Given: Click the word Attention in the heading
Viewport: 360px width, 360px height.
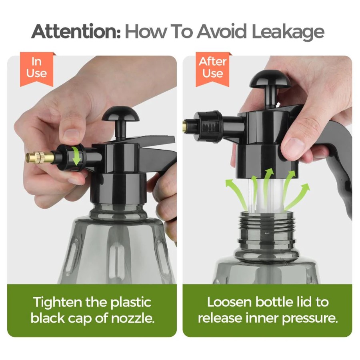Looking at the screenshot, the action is pyautogui.click(x=76, y=31).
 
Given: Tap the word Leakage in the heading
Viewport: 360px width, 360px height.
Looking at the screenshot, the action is pyautogui.click(x=288, y=32).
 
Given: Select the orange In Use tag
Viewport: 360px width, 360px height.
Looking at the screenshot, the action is pyautogui.click(x=37, y=69).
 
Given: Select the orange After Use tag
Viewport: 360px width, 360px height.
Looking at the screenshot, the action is pyautogui.click(x=213, y=69).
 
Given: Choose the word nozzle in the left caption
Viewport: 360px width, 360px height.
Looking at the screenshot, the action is pyautogui.click(x=132, y=319).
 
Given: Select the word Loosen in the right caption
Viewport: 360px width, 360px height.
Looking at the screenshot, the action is pyautogui.click(x=230, y=302).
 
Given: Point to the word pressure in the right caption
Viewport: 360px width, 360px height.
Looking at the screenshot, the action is pyautogui.click(x=310, y=319).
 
